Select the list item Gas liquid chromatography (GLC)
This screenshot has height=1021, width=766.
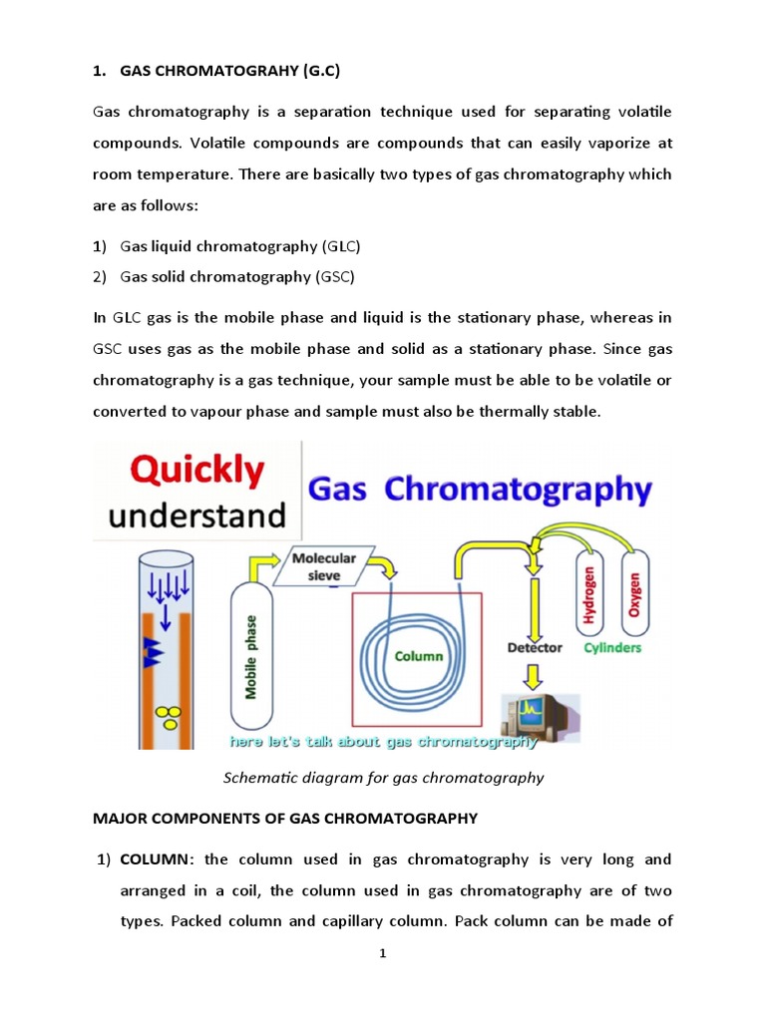[239, 245]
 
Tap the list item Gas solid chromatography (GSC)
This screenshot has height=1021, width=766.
[237, 276]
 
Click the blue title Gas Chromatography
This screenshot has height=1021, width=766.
[479, 490]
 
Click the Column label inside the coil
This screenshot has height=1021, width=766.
[418, 656]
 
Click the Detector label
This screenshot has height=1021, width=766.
[535, 647]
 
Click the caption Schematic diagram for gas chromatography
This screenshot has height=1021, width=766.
[382, 778]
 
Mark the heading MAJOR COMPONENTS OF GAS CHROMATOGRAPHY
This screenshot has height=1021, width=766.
[285, 819]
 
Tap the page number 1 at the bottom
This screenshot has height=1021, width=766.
[382, 953]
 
